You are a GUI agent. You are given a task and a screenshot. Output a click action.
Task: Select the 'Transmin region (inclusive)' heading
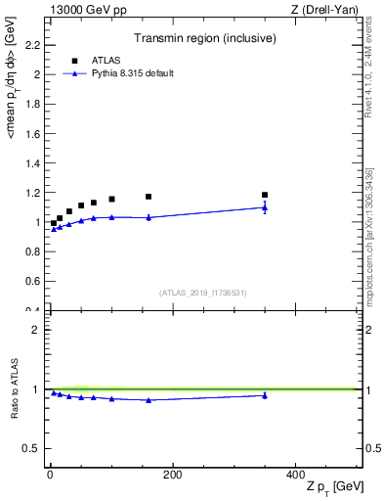click(x=203, y=38)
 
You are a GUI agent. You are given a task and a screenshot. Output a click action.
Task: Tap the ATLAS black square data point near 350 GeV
click(x=265, y=195)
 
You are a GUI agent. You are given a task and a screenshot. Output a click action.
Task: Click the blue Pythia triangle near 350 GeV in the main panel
click(x=265, y=207)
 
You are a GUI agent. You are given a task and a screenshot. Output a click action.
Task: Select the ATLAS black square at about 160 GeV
click(x=149, y=197)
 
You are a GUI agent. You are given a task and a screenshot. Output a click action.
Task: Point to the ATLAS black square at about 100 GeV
click(x=111, y=200)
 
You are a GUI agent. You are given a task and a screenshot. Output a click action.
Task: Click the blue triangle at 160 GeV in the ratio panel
click(x=149, y=400)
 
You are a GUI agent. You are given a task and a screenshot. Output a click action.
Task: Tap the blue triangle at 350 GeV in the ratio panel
click(x=265, y=395)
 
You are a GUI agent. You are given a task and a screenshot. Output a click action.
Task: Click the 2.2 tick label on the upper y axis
click(x=32, y=45)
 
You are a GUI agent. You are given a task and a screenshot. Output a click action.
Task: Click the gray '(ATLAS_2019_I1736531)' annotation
click(x=203, y=293)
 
